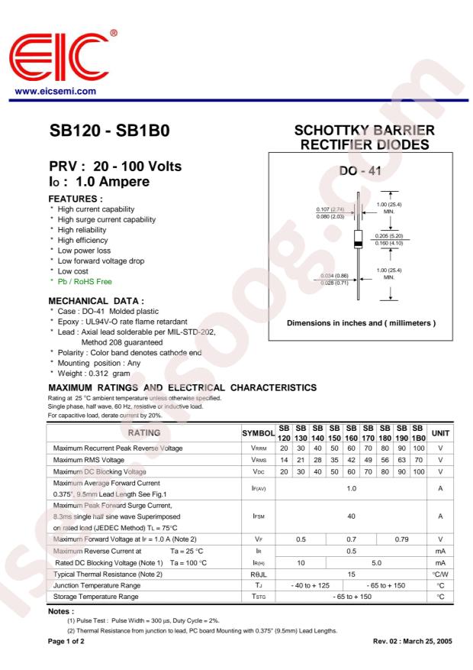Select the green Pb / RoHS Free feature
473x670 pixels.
tap(85, 282)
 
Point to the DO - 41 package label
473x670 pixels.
tap(360, 172)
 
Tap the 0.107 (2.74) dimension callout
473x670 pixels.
tap(331, 209)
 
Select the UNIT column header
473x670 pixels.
tap(440, 432)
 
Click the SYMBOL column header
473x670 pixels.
tap(258, 433)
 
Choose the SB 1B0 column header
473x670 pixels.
tap(418, 432)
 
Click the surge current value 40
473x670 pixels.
tap(351, 516)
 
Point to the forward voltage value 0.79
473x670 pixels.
tap(401, 540)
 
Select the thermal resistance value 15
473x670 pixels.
tap(351, 573)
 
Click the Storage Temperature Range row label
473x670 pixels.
tap(96, 596)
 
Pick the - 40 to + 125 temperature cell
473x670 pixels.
tap(311, 584)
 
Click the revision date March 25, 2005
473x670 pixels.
tap(423, 641)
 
